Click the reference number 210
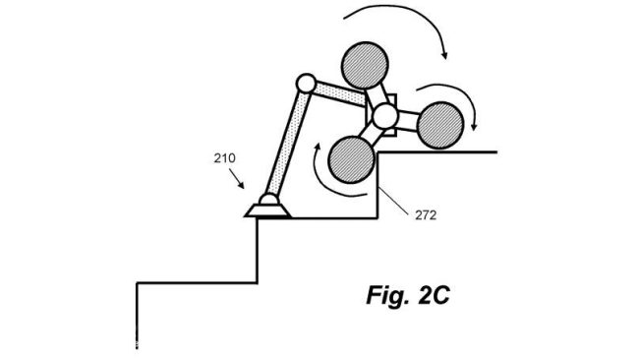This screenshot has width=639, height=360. click(x=224, y=157)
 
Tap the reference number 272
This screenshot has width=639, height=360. click(x=426, y=214)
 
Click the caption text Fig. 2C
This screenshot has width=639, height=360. click(x=408, y=295)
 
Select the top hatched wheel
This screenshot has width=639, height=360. click(x=365, y=65)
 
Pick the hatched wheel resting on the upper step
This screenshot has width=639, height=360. click(x=440, y=125)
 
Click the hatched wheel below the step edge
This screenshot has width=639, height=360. click(x=351, y=159)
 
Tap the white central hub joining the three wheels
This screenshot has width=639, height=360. click(x=384, y=116)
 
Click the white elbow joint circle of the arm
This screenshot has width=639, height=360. click(x=306, y=84)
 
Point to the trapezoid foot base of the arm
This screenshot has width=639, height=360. click(x=267, y=210)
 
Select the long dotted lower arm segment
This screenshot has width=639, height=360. click(x=286, y=145)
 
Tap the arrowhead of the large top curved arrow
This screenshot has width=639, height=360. click(x=444, y=55)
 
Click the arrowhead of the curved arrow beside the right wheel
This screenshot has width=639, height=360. click(x=474, y=126)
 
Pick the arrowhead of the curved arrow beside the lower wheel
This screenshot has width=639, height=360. click(x=318, y=147)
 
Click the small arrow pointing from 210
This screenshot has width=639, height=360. click(x=236, y=179)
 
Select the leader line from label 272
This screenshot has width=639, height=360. click(x=394, y=200)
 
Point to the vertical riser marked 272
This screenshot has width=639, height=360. click(x=378, y=186)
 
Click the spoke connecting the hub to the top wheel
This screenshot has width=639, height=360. click(x=377, y=95)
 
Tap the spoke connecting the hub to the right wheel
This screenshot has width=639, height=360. click(x=408, y=121)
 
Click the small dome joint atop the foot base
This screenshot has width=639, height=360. click(x=268, y=200)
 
